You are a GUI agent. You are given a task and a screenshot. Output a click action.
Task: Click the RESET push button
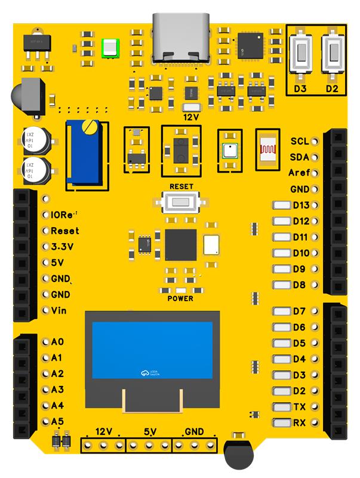pyautogui.click(x=181, y=202)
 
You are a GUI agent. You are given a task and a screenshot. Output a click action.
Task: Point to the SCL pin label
pyautogui.click(x=299, y=142)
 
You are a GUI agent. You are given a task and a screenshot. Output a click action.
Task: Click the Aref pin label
pyautogui.click(x=298, y=173)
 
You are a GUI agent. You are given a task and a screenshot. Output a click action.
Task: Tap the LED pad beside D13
pyautogui.click(x=281, y=206)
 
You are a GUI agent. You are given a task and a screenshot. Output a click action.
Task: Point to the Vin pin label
pyautogui.click(x=59, y=311)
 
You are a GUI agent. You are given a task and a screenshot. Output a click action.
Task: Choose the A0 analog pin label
pyautogui.click(x=57, y=342)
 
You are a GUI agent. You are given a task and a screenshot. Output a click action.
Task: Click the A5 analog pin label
pyautogui.click(x=57, y=422)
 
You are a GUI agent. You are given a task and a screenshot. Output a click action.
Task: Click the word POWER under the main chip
pyautogui.click(x=180, y=298)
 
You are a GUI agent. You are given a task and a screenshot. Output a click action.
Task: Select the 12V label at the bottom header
pyautogui.click(x=104, y=431)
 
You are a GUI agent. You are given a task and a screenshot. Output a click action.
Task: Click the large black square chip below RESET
pyautogui.click(x=180, y=244)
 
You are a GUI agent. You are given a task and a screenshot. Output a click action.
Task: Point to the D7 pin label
pyautogui.click(x=299, y=311)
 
